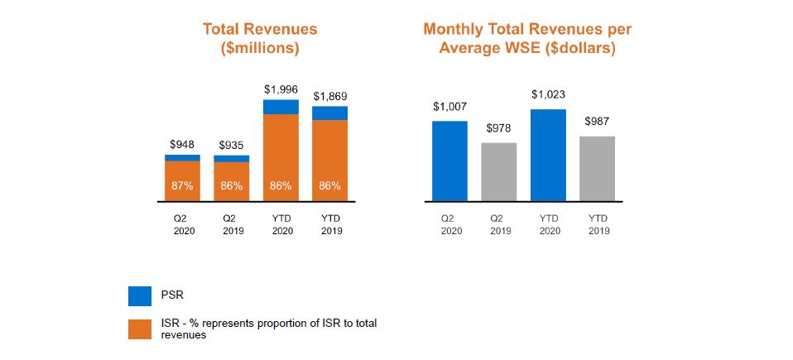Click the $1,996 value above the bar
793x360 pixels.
(281, 89)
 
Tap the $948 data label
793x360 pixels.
(182, 144)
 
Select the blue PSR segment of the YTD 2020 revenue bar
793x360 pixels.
(281, 107)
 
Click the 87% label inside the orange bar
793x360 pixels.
(182, 186)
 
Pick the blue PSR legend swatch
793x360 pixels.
(141, 295)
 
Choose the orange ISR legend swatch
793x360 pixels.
(141, 329)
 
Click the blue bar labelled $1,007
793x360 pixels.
(449, 161)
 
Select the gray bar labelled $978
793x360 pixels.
(499, 171)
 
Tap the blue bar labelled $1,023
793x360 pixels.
(548, 155)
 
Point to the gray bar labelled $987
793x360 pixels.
(597, 168)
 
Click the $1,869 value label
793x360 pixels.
(329, 97)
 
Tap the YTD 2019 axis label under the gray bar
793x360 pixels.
(598, 224)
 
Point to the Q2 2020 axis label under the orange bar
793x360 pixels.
(183, 224)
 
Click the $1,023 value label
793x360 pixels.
(548, 94)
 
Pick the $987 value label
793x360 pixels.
(597, 122)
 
